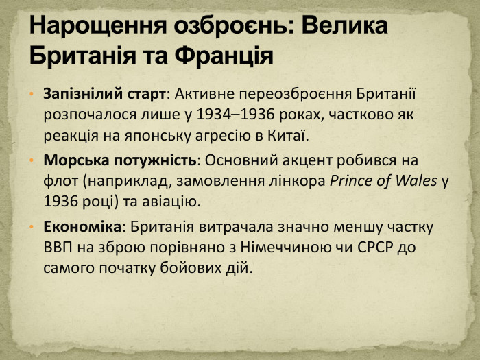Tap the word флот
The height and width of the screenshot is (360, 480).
58,182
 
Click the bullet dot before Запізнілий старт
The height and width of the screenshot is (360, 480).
32,93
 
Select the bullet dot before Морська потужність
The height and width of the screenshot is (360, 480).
32,161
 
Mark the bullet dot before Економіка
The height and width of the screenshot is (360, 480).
32,228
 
